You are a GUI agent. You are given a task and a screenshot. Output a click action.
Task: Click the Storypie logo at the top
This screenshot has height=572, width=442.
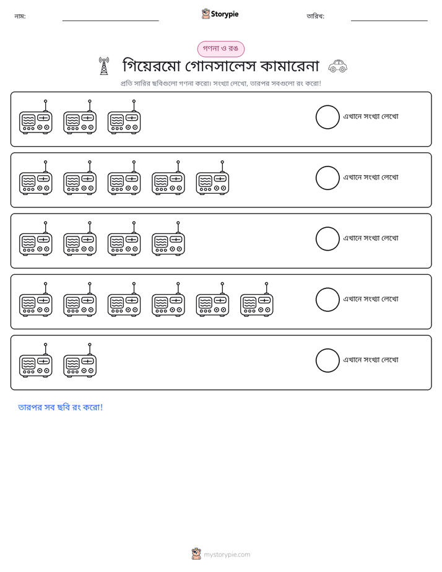point(220,14)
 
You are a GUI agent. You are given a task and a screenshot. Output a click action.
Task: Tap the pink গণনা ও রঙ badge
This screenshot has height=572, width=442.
point(220,49)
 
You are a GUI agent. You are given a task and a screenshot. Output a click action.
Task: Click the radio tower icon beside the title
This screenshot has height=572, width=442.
point(104,66)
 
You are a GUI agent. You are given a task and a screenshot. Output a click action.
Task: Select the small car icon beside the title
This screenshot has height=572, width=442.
point(338,66)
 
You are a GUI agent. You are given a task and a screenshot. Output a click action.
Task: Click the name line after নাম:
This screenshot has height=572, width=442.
point(110,21)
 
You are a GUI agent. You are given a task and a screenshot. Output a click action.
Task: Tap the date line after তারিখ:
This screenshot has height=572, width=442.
point(389,21)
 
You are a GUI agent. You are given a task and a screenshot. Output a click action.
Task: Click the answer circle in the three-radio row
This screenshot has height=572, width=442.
point(327,117)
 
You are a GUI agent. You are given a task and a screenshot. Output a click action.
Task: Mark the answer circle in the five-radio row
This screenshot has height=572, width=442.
point(327,178)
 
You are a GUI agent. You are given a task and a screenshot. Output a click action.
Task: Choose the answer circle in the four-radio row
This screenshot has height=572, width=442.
point(327,239)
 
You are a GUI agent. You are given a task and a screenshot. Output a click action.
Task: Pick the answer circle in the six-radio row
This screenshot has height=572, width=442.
point(327,300)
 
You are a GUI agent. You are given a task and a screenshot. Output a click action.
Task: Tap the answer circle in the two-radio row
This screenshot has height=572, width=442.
point(327,360)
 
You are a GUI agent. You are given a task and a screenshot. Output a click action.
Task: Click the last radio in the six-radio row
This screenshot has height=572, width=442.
point(257,300)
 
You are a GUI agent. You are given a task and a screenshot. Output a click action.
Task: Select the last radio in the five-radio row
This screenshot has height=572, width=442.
point(212,178)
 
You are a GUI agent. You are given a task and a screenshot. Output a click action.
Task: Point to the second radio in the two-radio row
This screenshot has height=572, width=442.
point(80,360)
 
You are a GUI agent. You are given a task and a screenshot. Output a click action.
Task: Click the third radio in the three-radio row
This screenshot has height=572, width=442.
point(124,117)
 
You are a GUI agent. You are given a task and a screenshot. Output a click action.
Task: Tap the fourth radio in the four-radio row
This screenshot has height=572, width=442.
point(168,239)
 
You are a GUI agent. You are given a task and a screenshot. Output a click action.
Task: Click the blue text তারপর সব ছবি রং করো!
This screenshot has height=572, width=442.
point(61,407)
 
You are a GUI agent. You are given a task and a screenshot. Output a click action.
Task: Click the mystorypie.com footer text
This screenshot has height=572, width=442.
point(227,555)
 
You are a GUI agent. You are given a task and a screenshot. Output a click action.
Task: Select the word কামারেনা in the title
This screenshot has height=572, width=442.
point(290,66)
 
